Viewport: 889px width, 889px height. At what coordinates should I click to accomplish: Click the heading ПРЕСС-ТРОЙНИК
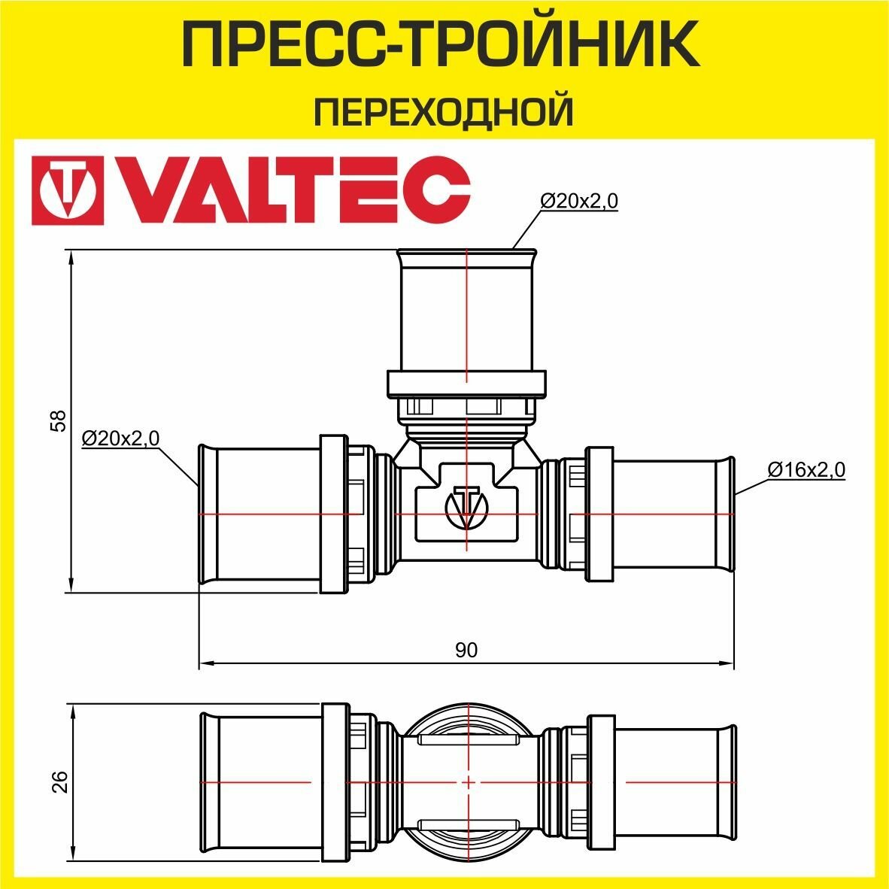(x=444, y=44)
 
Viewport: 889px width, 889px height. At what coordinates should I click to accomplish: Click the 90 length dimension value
(x=466, y=650)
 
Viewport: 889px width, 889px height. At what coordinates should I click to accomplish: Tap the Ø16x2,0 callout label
(x=806, y=469)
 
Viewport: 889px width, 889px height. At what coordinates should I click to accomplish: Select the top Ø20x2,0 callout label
(x=579, y=201)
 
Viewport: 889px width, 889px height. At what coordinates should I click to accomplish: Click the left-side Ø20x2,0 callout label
(x=120, y=438)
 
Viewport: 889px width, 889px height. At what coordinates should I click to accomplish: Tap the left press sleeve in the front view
(x=259, y=514)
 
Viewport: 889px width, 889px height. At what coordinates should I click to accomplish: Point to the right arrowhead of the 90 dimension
(x=729, y=663)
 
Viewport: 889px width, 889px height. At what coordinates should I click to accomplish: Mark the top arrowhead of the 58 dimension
(x=71, y=259)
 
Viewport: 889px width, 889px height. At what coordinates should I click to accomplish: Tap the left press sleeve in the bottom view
(x=259, y=782)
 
